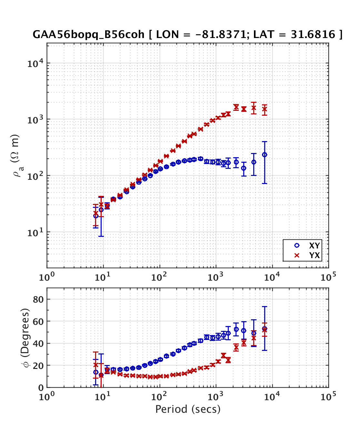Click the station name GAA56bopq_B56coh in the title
pos(88,34)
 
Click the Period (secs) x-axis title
pos(188,409)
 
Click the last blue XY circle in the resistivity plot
pos(265,155)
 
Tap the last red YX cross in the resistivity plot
pos(265,109)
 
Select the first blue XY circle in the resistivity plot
pos(96,216)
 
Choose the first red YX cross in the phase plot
pos(96,365)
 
